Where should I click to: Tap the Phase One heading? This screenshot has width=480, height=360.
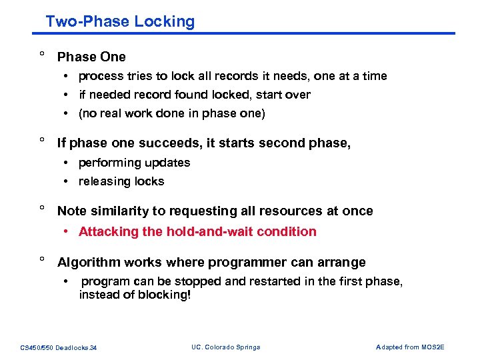click(91, 57)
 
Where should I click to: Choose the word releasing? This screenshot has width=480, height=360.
click(103, 181)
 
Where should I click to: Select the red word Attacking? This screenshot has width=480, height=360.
click(104, 231)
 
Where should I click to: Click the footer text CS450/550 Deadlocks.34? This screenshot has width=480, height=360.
click(59, 347)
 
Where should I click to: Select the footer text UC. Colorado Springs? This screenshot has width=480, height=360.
click(225, 347)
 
